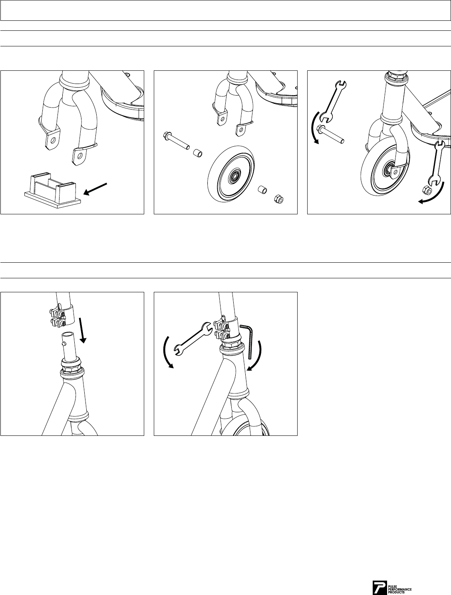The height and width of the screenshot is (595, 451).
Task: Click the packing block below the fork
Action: [53, 190]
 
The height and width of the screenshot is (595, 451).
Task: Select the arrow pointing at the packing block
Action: [95, 189]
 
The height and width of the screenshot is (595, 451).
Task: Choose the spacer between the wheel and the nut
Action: [262, 190]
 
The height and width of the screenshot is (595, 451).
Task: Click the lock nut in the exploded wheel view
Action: [278, 199]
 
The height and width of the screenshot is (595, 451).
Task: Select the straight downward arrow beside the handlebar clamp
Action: [82, 331]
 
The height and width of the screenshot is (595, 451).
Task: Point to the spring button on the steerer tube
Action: [64, 343]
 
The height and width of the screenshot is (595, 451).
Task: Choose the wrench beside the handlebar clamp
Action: [193, 339]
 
